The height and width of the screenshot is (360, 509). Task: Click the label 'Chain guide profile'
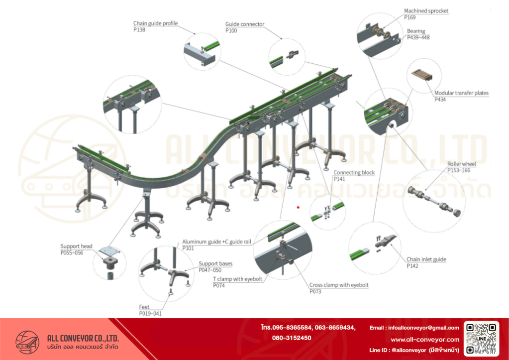point(155,23)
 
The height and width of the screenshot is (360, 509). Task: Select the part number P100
point(231,31)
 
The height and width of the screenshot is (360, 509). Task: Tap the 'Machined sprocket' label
point(426,11)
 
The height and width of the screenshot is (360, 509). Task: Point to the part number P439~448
point(418,37)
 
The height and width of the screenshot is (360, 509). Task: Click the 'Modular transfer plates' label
point(461,93)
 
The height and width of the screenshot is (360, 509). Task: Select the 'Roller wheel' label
point(461,164)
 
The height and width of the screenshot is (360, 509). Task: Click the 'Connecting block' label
point(354,173)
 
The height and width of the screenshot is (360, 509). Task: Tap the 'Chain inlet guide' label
point(426,259)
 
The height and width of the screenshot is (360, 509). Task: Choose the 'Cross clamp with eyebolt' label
point(339,285)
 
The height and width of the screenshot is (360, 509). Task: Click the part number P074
point(219,286)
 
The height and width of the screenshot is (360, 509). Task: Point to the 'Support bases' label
point(215,264)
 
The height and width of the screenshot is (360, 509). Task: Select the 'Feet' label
point(144,307)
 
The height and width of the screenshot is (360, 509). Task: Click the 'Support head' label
point(77,246)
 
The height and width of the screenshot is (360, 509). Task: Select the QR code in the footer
point(481,339)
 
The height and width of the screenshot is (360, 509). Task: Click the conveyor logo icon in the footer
point(27,341)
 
